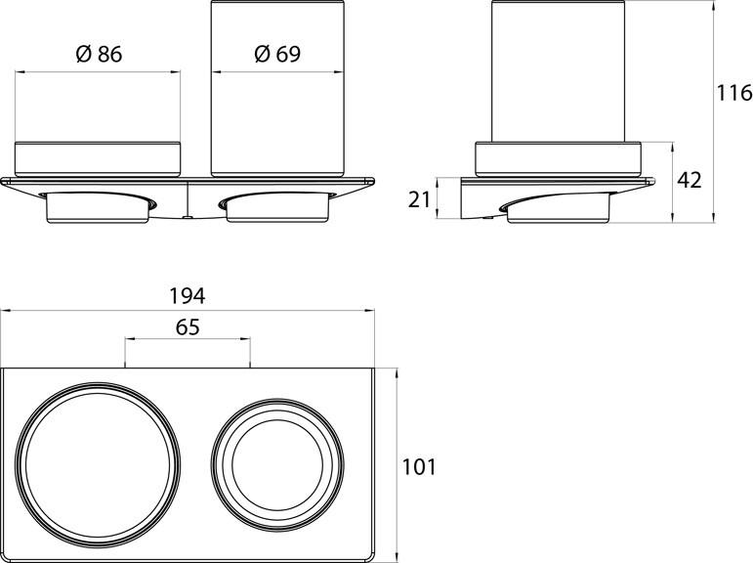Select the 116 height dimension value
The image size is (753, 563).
coord(733,94)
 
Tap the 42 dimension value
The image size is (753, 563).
coord(689,180)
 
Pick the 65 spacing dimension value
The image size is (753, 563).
coord(188,328)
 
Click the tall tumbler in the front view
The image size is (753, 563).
coord(277,88)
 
